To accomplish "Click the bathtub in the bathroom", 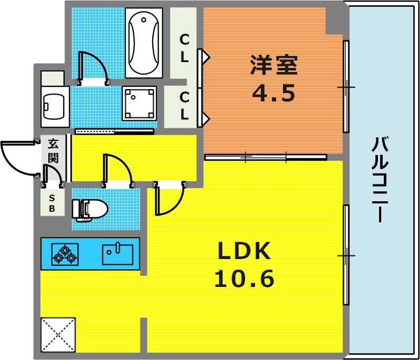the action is click(x=144, y=43).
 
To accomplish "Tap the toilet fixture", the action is click(x=90, y=210).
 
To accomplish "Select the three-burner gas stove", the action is click(x=65, y=254).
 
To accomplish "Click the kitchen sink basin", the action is click(x=118, y=254).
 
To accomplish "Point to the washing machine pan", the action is click(x=139, y=103).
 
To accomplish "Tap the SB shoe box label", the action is click(x=52, y=203).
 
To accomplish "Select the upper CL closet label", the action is click(x=184, y=48).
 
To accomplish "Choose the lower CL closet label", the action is click(x=184, y=106).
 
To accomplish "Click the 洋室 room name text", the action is click(x=274, y=66).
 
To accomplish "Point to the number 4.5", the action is click(x=274, y=92).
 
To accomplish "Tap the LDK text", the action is click(x=244, y=251).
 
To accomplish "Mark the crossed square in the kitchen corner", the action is click(x=58, y=335).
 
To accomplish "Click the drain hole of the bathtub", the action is click(x=144, y=19).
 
